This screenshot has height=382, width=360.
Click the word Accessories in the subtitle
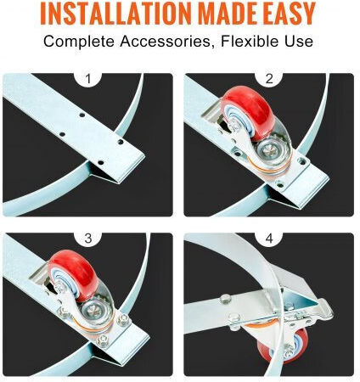click(x=166, y=42)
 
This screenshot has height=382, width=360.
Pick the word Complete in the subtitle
click(x=78, y=42)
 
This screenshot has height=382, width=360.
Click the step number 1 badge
click(x=88, y=79)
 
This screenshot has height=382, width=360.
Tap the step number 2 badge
click(x=269, y=79)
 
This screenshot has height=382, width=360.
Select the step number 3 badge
click(x=88, y=239)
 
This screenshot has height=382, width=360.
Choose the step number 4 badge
click(x=269, y=239)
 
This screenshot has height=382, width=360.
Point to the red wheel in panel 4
click(x=283, y=345)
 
